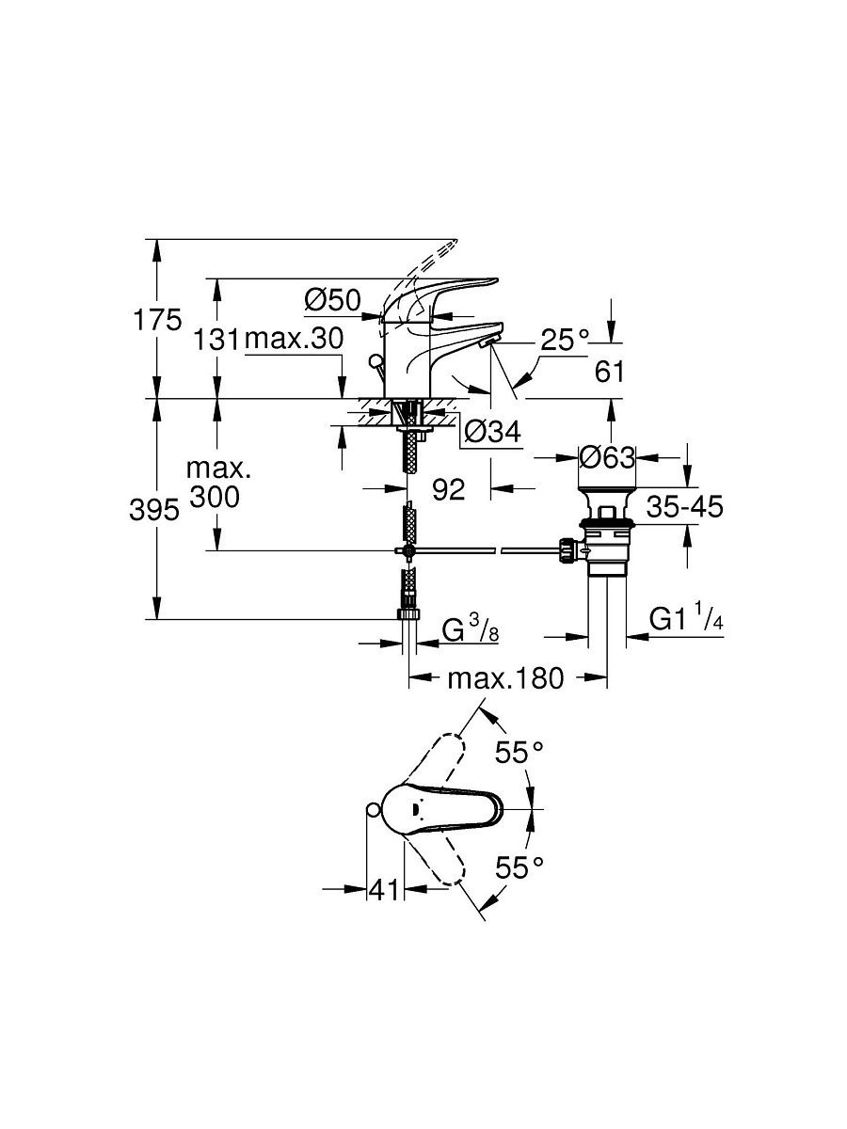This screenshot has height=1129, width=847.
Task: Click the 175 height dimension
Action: (x=157, y=321)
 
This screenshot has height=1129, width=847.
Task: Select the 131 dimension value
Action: (x=216, y=340)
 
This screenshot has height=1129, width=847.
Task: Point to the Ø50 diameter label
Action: (x=333, y=300)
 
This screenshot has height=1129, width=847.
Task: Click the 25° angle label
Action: (x=566, y=340)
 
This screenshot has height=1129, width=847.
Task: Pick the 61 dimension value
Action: (x=609, y=372)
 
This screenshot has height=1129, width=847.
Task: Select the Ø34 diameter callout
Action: (x=492, y=432)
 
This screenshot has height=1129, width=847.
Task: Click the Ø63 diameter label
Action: (x=607, y=456)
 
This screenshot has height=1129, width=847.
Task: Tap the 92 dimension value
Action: (x=449, y=488)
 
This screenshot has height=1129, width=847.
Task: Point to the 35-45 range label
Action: (x=684, y=506)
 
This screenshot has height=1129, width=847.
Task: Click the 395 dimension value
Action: (x=154, y=511)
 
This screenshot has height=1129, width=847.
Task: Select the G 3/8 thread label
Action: (x=471, y=631)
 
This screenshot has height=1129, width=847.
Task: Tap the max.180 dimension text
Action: (x=505, y=678)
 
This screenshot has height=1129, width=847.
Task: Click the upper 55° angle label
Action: (x=519, y=753)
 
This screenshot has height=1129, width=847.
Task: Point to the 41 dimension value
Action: (x=385, y=890)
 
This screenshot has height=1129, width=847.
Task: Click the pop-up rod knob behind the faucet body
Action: (x=376, y=360)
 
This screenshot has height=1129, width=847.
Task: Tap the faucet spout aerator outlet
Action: (x=486, y=344)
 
